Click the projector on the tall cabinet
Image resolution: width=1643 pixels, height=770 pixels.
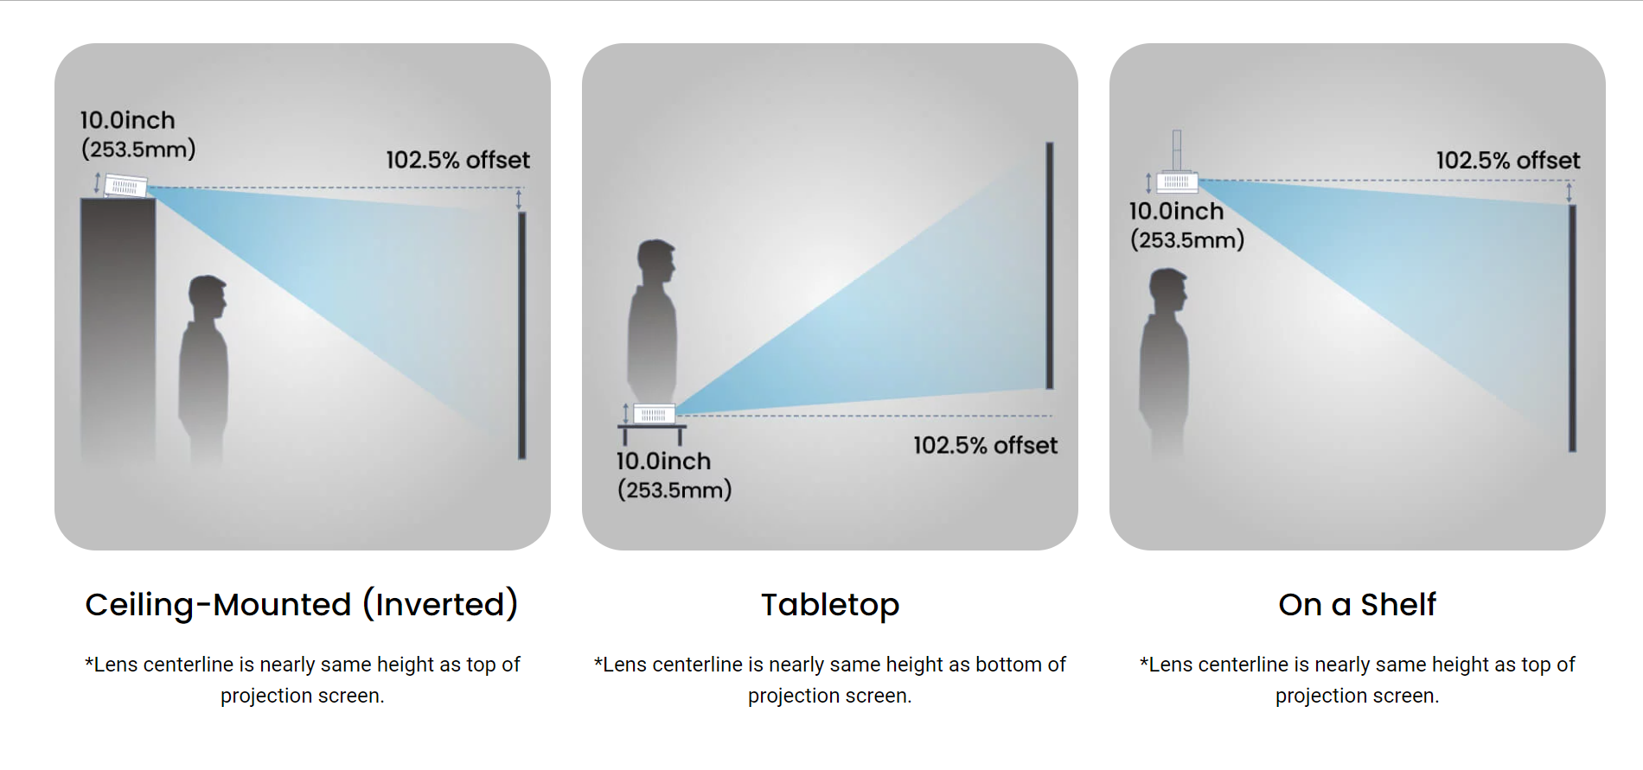tap(125, 186)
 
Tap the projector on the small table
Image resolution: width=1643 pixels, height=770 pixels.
tap(654, 414)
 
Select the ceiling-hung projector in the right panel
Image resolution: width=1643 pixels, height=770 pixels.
tap(1177, 181)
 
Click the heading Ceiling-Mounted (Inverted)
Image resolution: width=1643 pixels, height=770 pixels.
tap(302, 604)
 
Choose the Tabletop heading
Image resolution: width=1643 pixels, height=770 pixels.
tap(830, 604)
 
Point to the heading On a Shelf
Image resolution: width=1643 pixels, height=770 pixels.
tap(1358, 604)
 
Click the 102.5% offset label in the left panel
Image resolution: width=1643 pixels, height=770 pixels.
tap(457, 160)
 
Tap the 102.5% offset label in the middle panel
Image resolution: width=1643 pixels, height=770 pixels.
tap(985, 445)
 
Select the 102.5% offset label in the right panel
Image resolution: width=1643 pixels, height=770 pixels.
tap(1508, 160)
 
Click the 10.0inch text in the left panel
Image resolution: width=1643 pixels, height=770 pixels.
tap(127, 120)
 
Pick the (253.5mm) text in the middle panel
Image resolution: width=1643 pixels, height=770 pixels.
tap(674, 490)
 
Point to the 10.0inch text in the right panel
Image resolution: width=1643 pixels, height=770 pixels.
tap(1176, 211)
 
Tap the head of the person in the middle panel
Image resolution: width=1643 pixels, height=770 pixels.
tap(655, 262)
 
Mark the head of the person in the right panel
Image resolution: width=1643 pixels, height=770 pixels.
tap(1168, 290)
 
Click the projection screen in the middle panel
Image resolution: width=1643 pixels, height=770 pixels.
tap(1049, 265)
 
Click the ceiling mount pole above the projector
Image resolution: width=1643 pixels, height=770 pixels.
tap(1177, 150)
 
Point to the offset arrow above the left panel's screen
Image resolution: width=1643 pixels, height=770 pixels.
tap(519, 200)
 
